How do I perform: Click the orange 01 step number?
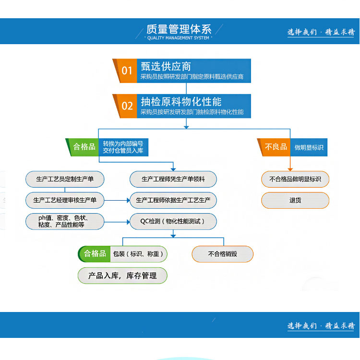tap(127, 71)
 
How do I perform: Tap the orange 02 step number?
tap(127, 106)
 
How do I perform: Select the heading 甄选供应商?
tap(166, 66)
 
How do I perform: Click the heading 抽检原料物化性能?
tap(181, 102)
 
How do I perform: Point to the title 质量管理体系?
tap(179, 29)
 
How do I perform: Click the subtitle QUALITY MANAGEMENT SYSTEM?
tap(178, 38)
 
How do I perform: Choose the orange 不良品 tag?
tap(274, 147)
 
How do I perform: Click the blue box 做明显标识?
tap(309, 147)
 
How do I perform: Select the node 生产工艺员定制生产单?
tap(65, 179)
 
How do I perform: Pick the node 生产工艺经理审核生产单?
tap(65, 200)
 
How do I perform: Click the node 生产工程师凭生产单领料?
tap(173, 179)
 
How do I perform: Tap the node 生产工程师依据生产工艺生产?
tap(173, 200)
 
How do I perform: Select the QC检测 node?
tap(173, 221)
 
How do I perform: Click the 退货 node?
tap(295, 201)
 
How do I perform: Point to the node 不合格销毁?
tap(222, 254)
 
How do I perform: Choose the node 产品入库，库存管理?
tap(122, 276)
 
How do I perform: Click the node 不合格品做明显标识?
tap(295, 179)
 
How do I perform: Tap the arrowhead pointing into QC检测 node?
tap(128, 222)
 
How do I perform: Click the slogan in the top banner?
tap(321, 32)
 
